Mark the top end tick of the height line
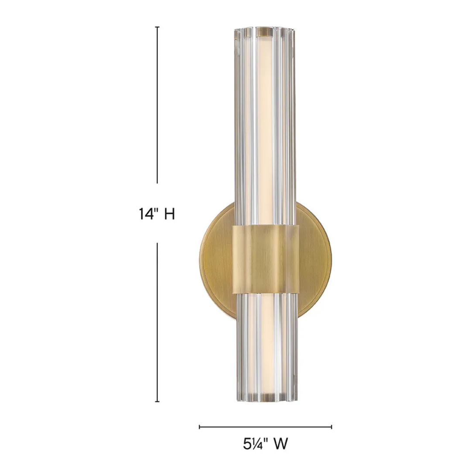pyautogui.click(x=157, y=27)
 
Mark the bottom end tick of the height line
pyautogui.click(x=157, y=401)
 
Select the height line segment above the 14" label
pyautogui.click(x=157, y=105)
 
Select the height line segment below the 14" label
pyautogui.click(x=157, y=323)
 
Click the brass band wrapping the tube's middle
pyautogui.click(x=266, y=260)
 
